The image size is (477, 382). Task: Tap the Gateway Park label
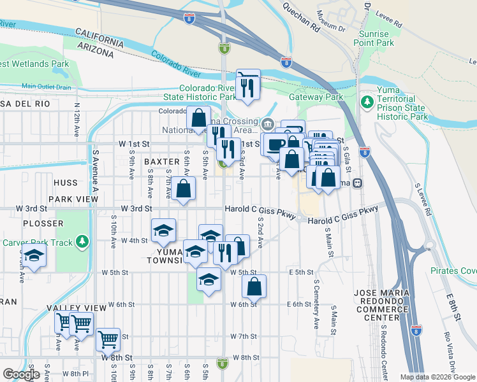pos(316,97)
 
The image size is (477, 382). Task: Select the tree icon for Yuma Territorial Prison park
pos(367,101)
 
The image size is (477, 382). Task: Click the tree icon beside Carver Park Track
pos(82,242)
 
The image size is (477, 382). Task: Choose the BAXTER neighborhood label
pos(162,162)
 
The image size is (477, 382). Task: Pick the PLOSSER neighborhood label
pos(43,223)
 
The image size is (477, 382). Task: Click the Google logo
pos(21,374)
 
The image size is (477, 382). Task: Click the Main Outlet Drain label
pos(45,86)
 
